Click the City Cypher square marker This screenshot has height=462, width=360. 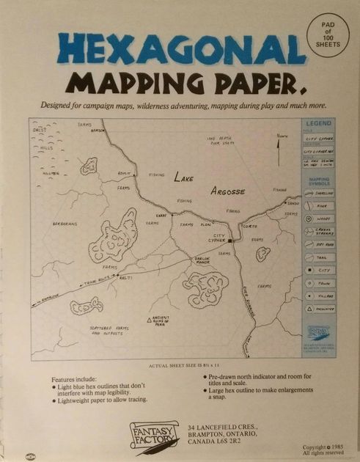click(x=229, y=241)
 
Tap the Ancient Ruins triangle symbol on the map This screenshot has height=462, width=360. click(x=149, y=320)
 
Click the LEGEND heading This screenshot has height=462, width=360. click(x=319, y=125)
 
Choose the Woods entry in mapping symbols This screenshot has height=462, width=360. click(x=319, y=219)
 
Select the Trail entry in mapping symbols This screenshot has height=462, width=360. click(x=319, y=257)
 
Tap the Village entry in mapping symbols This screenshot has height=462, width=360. click(x=319, y=296)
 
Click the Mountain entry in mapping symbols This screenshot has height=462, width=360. click(x=319, y=309)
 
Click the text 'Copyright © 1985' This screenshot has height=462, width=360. click(x=323, y=447)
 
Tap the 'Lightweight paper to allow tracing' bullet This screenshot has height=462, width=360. click(x=103, y=400)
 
